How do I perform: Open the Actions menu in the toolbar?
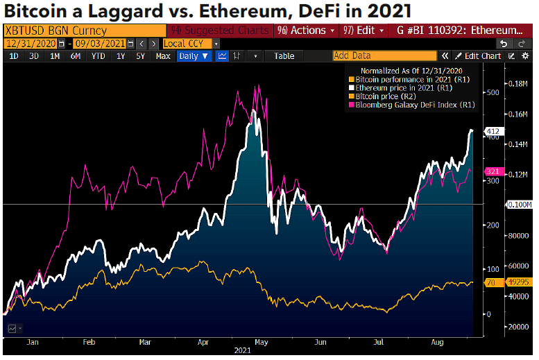(305, 31)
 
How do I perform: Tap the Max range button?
(163, 56)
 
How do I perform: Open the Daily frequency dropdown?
(194, 56)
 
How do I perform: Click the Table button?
(284, 56)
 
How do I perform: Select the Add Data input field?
(384, 56)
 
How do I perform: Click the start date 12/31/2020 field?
(31, 43)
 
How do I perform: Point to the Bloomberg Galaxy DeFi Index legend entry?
(415, 105)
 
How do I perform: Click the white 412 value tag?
(492, 131)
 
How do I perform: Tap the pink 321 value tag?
(492, 171)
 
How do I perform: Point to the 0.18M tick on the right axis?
(519, 83)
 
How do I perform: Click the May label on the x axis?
(262, 342)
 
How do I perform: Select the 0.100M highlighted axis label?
(519, 205)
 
